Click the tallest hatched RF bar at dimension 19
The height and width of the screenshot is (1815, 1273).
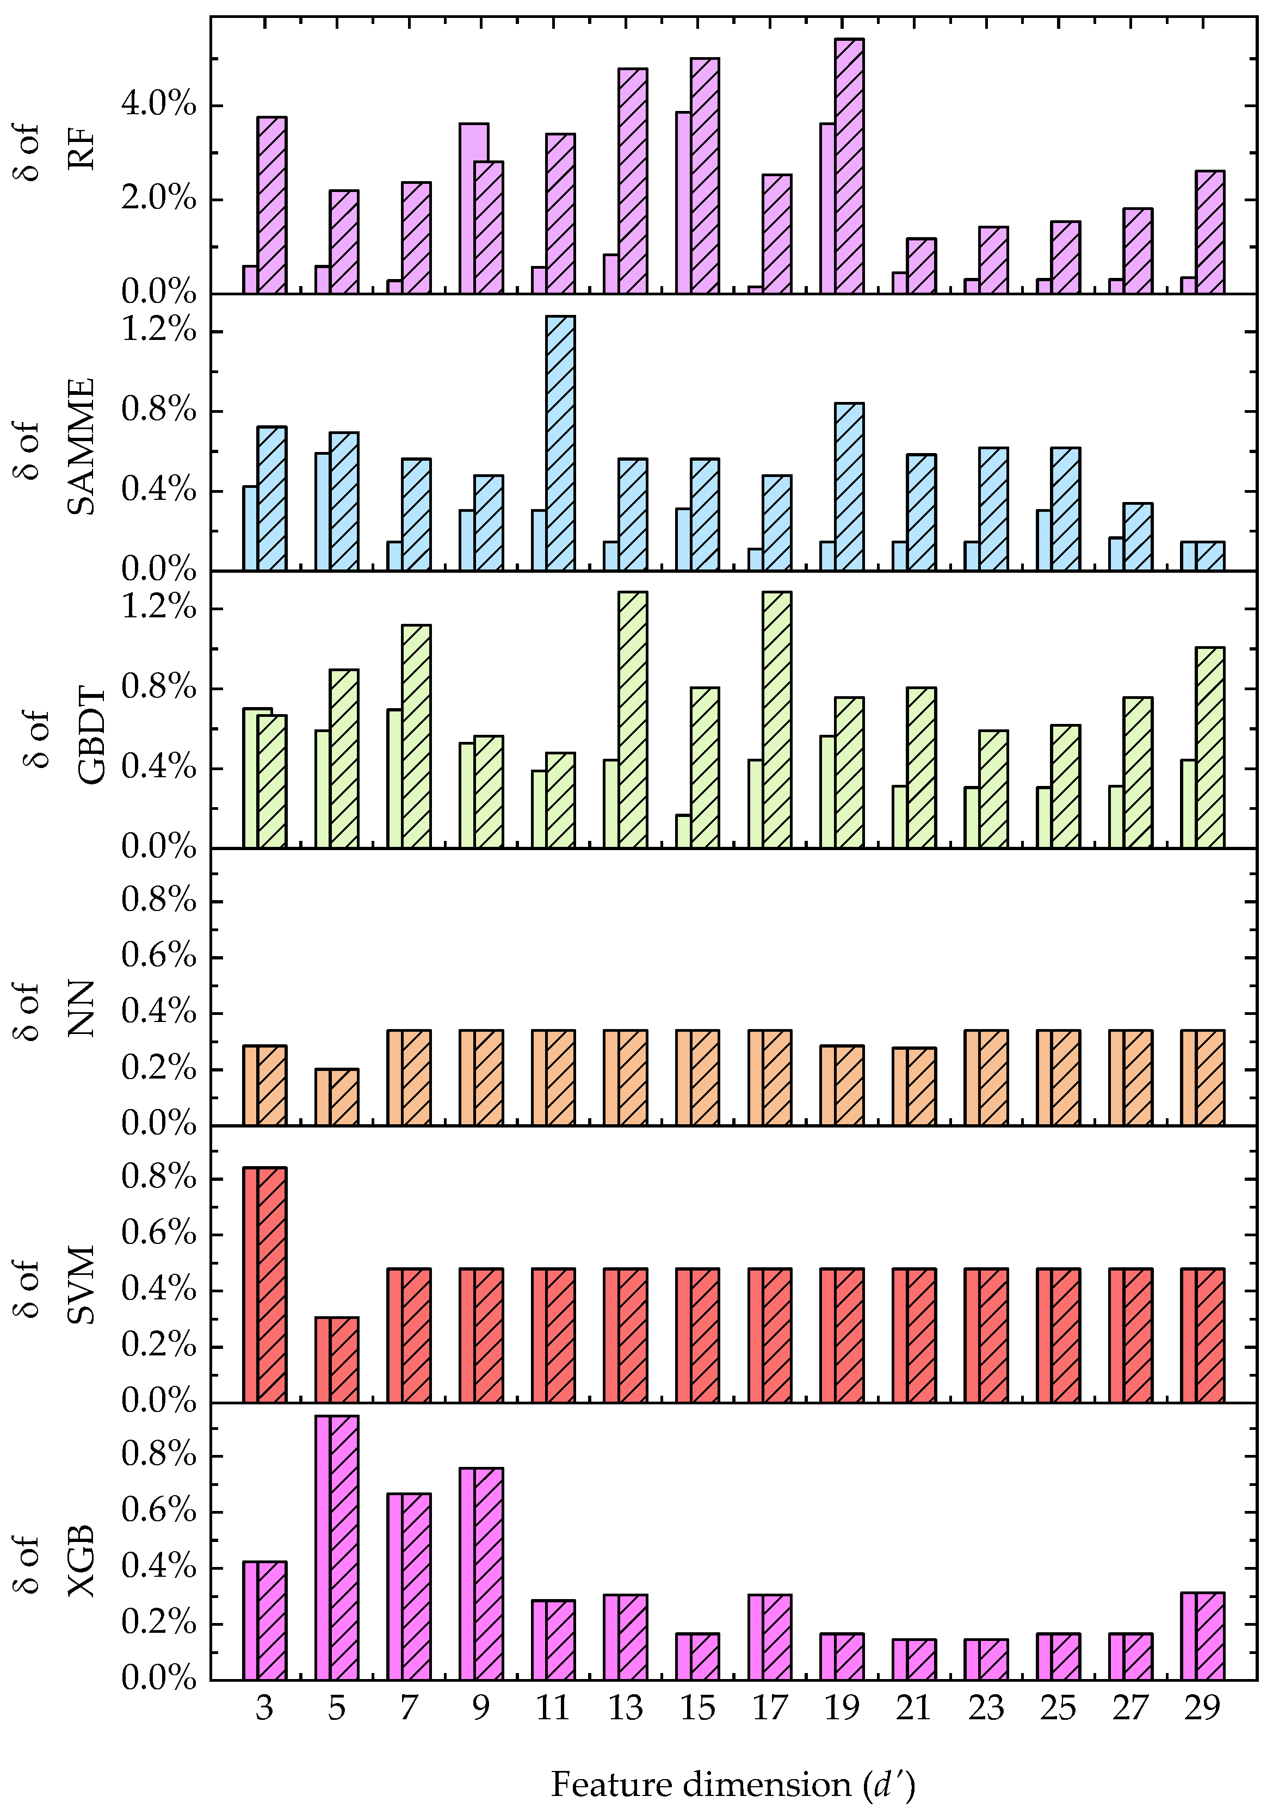[849, 166]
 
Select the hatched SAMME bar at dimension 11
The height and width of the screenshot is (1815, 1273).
[560, 443]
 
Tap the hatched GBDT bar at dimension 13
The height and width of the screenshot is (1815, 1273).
[633, 720]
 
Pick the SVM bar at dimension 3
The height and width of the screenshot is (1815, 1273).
[265, 1285]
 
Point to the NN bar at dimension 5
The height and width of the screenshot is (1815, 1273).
[337, 1097]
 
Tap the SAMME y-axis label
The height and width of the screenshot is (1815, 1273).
[55, 448]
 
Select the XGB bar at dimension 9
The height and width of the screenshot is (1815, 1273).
[481, 1574]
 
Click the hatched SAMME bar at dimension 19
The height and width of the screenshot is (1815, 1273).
[849, 486]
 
